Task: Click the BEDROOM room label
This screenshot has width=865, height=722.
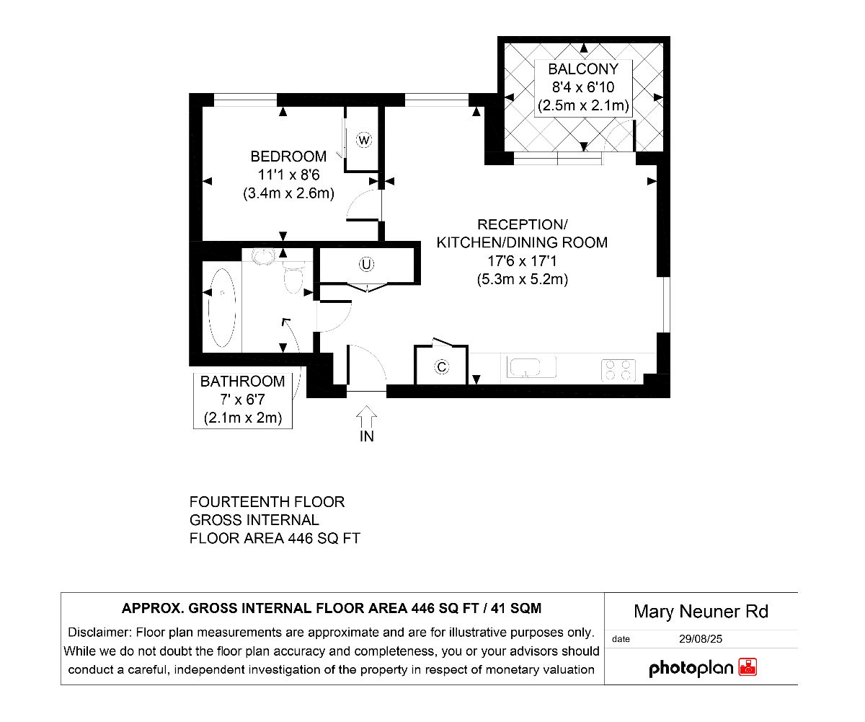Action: tap(288, 157)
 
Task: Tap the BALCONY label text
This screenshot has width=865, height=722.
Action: tap(583, 69)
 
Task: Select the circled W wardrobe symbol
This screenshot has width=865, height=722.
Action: tap(364, 140)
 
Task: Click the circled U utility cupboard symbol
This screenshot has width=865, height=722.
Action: tap(366, 264)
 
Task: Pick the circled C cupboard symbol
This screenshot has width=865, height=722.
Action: tap(442, 367)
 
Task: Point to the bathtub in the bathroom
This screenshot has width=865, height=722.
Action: tap(222, 307)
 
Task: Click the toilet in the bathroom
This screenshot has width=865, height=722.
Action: tap(293, 278)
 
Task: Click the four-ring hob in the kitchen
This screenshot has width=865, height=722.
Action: tap(618, 370)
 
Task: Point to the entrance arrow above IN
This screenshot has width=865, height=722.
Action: tap(367, 416)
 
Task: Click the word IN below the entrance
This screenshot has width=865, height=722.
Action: tap(367, 436)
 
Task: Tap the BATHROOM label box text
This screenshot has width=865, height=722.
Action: tap(243, 382)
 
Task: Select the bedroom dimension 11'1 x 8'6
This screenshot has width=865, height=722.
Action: tap(289, 175)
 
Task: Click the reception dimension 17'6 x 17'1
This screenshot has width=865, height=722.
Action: tap(522, 261)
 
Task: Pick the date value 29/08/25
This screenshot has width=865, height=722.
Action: tap(700, 639)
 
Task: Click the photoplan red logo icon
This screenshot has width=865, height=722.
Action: tap(748, 667)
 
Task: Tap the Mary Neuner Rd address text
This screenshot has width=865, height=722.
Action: tap(701, 612)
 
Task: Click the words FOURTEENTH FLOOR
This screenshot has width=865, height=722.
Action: tap(267, 502)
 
